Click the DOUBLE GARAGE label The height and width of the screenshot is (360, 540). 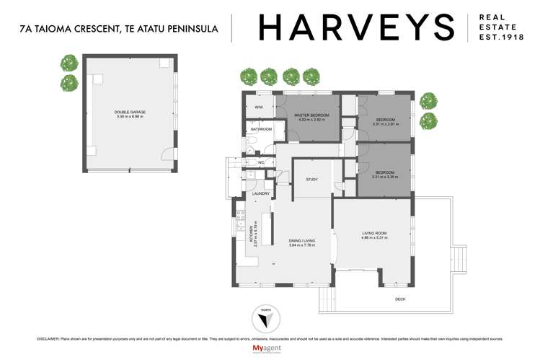[x=130, y=111]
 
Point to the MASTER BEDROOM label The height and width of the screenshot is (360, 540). [x=311, y=115]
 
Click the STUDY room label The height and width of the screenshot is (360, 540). [x=311, y=179]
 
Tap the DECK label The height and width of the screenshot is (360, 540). [x=399, y=298]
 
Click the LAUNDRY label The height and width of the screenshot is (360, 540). [x=260, y=193]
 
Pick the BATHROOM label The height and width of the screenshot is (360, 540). [x=260, y=129]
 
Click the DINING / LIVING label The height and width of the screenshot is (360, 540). [x=293, y=242]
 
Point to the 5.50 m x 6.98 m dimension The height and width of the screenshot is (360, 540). [x=130, y=116]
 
